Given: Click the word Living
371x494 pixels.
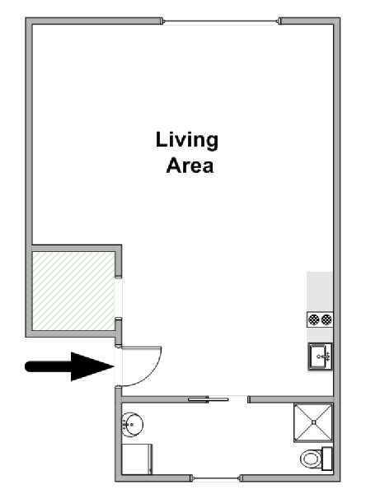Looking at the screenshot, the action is pyautogui.click(x=187, y=141).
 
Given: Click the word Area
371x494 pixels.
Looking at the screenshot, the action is pyautogui.click(x=190, y=165).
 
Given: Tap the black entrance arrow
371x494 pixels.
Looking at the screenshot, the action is pyautogui.click(x=69, y=366).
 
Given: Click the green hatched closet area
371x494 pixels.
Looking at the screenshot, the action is pyautogui.click(x=73, y=291).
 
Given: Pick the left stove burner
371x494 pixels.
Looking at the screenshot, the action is pyautogui.click(x=314, y=319).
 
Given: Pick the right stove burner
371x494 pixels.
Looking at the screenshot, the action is pyautogui.click(x=326, y=319).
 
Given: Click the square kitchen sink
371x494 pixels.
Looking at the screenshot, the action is pyautogui.click(x=320, y=357).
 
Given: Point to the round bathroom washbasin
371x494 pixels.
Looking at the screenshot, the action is pyautogui.click(x=133, y=425).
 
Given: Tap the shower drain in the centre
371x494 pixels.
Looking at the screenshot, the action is pyautogui.click(x=313, y=422).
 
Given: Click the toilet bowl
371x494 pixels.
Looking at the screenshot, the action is pyautogui.click(x=311, y=459).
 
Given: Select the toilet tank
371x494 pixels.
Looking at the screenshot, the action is pyautogui.click(x=326, y=459).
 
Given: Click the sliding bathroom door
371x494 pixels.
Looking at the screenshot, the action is pyautogui.click(x=209, y=399).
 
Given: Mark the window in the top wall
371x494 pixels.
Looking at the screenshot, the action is pyautogui.click(x=221, y=21).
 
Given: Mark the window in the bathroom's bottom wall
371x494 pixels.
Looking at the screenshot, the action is pyautogui.click(x=216, y=478).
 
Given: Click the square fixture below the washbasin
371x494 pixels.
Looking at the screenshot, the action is pyautogui.click(x=137, y=459).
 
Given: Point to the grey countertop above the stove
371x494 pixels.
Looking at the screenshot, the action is pyautogui.click(x=320, y=291).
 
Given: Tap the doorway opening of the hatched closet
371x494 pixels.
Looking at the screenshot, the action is pyautogui.click(x=118, y=298).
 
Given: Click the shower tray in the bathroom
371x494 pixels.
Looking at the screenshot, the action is pyautogui.click(x=313, y=422).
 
